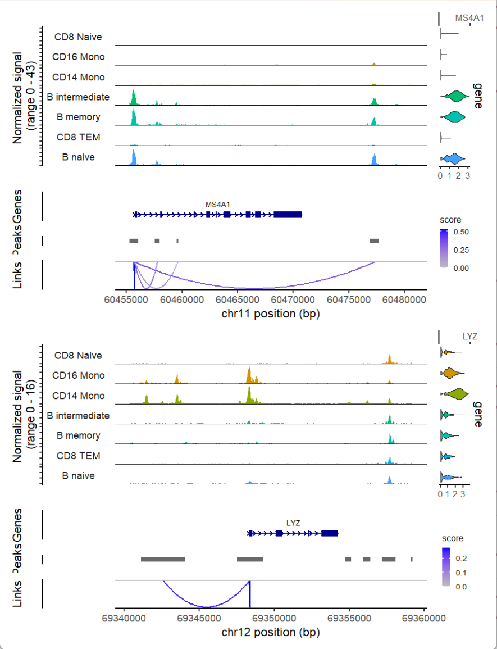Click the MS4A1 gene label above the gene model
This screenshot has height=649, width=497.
[x=218, y=204]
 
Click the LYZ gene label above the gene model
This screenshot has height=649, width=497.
[x=293, y=523]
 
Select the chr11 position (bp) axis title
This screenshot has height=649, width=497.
[x=271, y=314]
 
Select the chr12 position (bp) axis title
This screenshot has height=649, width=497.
[x=271, y=632]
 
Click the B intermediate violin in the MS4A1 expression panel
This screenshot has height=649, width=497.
[x=453, y=97]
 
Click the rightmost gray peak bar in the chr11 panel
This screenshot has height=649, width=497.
[x=374, y=240]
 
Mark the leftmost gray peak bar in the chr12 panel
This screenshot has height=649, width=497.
[x=163, y=559]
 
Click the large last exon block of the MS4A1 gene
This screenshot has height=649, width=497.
[x=288, y=214]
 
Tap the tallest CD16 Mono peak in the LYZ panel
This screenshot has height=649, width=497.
[x=249, y=374]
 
